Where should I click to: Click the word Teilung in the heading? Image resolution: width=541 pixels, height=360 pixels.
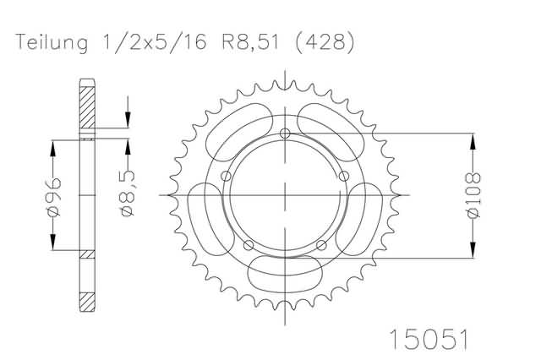coord(52,43)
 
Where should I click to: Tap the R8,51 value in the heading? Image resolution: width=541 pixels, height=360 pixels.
coord(249,42)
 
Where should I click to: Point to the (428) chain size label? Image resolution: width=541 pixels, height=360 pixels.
coord(325,43)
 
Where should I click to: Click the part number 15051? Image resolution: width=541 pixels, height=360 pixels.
coord(429,340)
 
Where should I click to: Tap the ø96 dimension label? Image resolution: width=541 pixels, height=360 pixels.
coord(52,197)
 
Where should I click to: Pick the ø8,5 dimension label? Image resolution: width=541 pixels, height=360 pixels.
coord(128,193)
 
